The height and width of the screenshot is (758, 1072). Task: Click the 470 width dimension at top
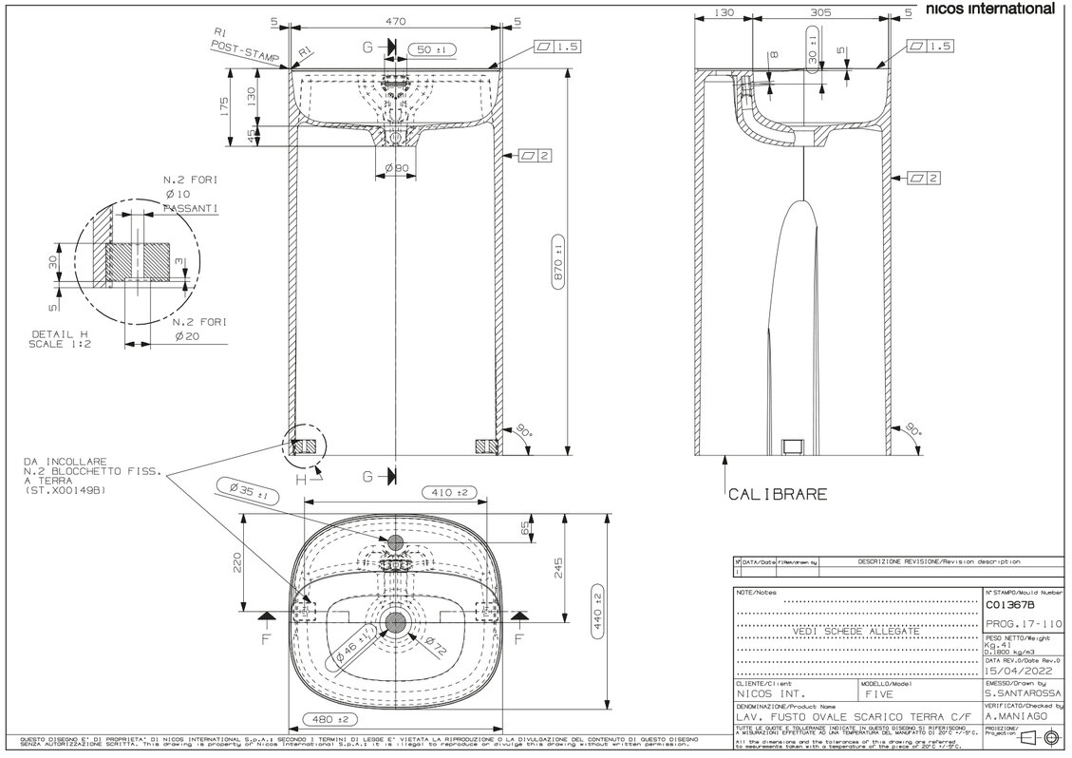(x=395, y=21)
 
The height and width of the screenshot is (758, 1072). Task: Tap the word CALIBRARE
(x=777, y=494)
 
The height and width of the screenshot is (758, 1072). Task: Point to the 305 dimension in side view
(x=822, y=13)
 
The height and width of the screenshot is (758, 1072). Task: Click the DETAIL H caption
(x=59, y=335)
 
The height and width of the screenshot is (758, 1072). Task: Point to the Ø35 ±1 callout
(x=245, y=492)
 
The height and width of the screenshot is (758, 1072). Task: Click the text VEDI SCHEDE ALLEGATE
(x=856, y=631)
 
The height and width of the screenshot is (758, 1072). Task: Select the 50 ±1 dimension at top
(x=433, y=47)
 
